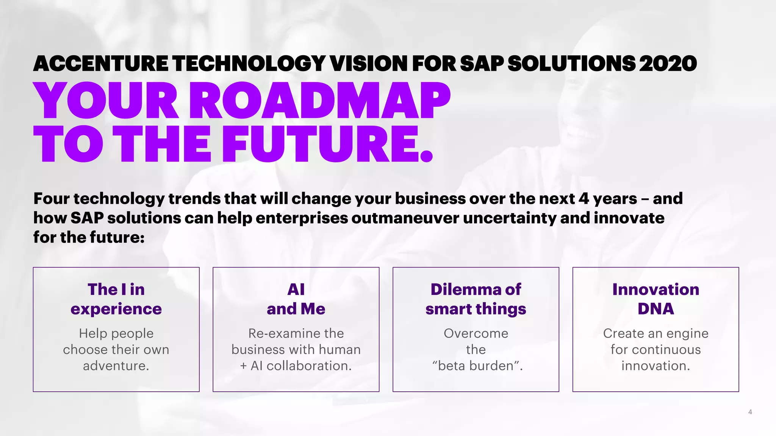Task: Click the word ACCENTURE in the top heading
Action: [x=101, y=63]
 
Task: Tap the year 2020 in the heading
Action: [x=668, y=63]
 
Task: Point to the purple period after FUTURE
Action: [x=427, y=156]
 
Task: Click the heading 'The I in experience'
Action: [x=116, y=299]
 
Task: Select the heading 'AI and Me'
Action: [x=296, y=299]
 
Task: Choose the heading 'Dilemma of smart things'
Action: [x=476, y=299]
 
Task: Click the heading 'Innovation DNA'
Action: [x=656, y=299]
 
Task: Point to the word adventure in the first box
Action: [x=115, y=366]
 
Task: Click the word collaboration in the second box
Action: [x=308, y=366]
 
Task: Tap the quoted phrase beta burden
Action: [x=477, y=366]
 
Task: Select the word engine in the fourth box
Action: [x=687, y=333]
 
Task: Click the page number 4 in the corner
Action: [x=750, y=412]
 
